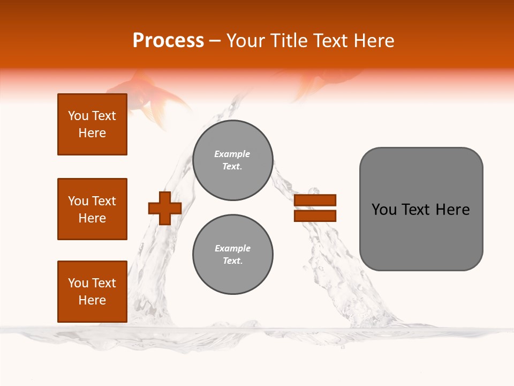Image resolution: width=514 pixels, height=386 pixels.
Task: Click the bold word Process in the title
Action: [168, 41]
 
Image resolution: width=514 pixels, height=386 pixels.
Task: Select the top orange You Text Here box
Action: [92, 124]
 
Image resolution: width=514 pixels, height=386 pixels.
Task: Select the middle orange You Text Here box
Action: [92, 209]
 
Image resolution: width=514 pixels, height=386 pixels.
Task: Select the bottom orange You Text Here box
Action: [92, 292]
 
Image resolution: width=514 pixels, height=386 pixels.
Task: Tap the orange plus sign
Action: [165, 208]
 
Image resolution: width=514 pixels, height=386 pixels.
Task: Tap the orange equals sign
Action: [315, 208]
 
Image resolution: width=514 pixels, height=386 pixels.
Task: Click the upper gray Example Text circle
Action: [232, 160]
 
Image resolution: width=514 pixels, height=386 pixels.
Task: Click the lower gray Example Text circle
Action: [232, 255]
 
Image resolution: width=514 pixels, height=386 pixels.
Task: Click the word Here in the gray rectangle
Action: [452, 210]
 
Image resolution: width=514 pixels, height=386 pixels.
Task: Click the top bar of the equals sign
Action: [315, 201]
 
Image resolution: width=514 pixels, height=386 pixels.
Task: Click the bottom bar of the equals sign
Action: [315, 216]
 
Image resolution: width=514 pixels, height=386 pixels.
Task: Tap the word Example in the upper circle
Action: [232, 154]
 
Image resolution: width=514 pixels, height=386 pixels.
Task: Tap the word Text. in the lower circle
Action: [232, 261]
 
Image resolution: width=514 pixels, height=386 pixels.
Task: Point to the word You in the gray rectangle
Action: [384, 210]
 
